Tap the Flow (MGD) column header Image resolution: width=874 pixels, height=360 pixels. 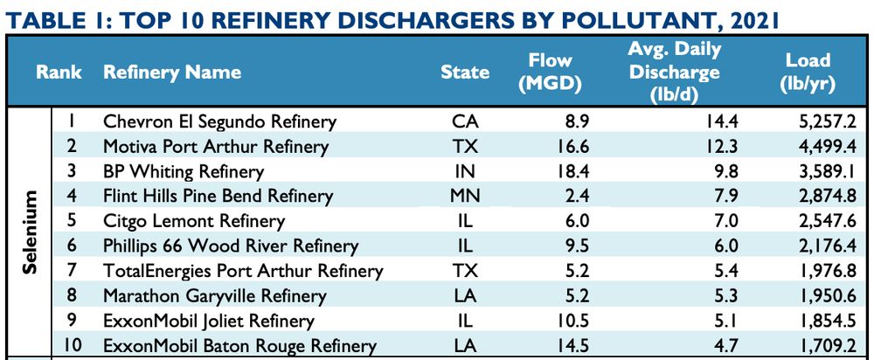point(550,72)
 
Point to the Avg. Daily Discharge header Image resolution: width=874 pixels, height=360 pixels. point(673,72)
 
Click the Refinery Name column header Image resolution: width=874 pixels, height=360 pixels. point(172,72)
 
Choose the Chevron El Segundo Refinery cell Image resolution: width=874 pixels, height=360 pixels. point(219,121)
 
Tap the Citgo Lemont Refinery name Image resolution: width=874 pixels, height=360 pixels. point(194,221)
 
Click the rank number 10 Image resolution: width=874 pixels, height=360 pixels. point(73,346)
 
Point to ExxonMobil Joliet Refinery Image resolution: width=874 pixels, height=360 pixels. point(209,321)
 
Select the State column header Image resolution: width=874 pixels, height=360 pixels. point(465,72)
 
